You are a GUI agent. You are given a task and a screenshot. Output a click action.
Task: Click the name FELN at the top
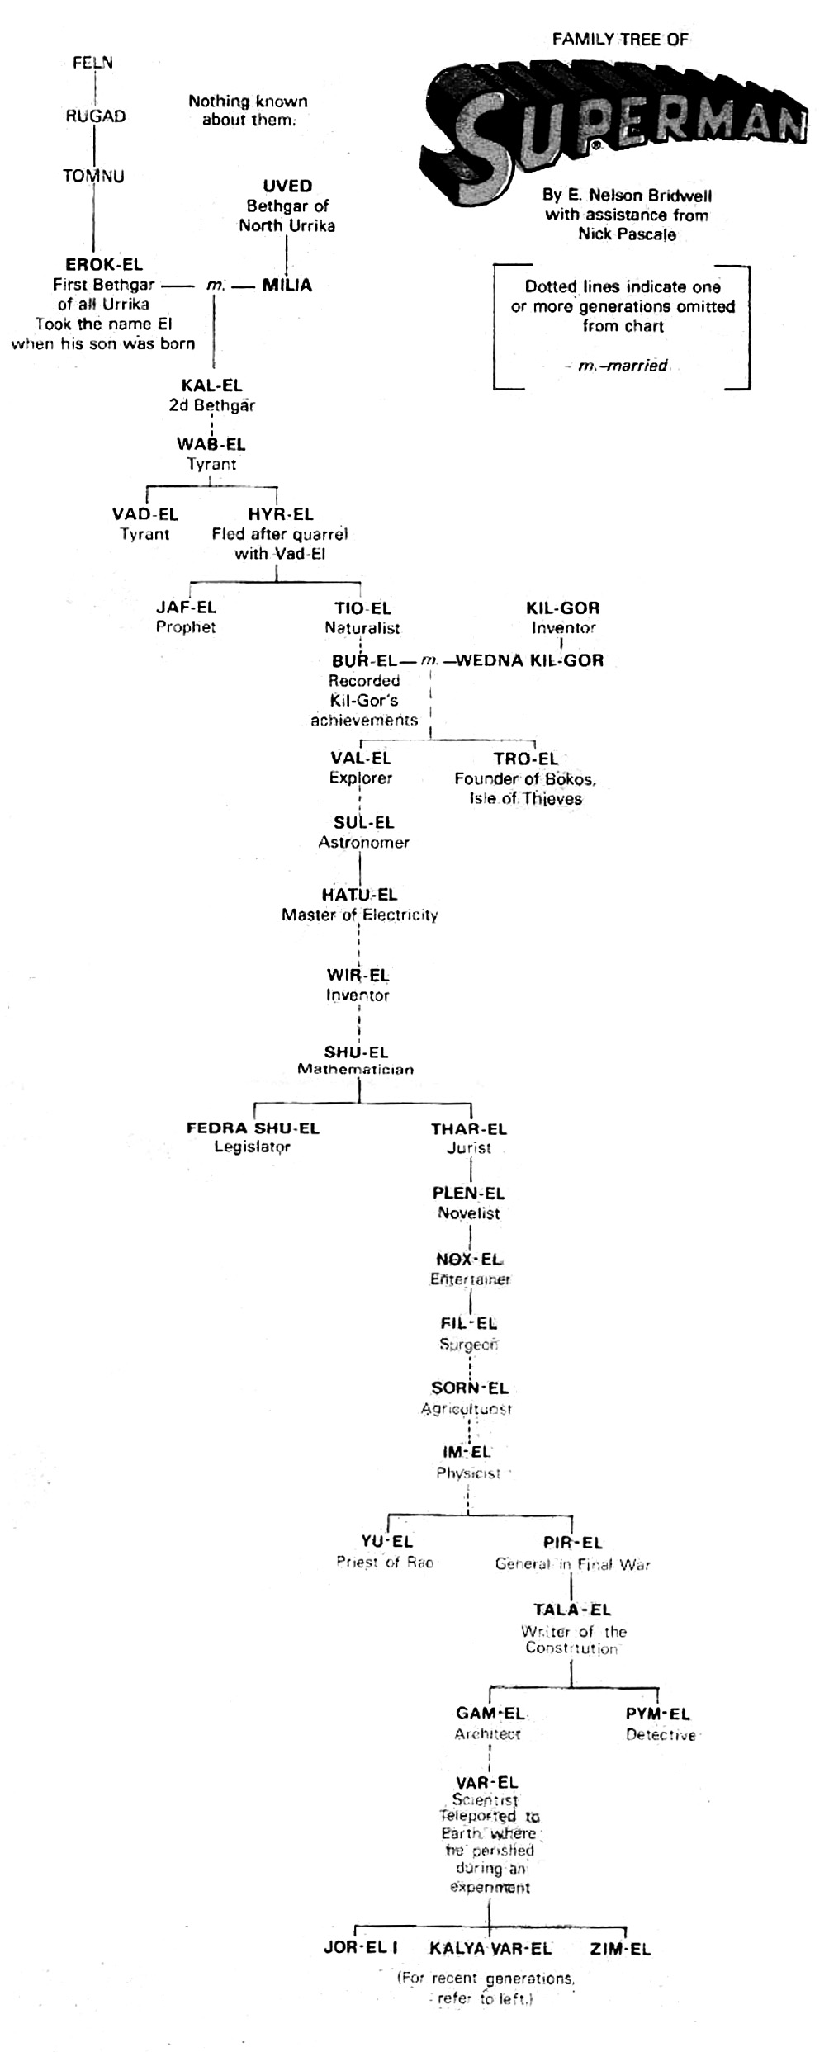[x=92, y=63]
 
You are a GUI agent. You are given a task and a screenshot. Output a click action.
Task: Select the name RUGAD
[x=96, y=116]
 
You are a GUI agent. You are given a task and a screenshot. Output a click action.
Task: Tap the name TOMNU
[x=93, y=176]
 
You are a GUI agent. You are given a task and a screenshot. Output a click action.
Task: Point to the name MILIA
[x=287, y=286]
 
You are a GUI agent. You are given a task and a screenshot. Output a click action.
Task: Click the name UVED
[x=287, y=186]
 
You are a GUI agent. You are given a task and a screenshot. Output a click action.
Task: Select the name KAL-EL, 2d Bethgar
[x=212, y=385]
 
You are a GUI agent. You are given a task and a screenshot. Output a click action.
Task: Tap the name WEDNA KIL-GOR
[x=529, y=660]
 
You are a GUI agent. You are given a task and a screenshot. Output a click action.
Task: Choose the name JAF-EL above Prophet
[x=186, y=608]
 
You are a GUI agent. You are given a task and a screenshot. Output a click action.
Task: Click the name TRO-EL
[x=526, y=759]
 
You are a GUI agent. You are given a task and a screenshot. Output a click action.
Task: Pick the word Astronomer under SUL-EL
[x=364, y=843]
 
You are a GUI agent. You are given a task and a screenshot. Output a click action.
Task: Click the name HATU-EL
[x=359, y=895]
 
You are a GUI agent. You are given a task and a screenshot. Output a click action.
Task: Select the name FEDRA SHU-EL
[x=253, y=1128]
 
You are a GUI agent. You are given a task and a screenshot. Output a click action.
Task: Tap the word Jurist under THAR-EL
[x=469, y=1148]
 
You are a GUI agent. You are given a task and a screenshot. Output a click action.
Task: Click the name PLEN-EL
[x=468, y=1194]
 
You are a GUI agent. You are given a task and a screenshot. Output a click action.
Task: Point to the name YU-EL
[x=386, y=1541]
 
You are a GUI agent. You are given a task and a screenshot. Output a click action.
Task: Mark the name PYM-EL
[x=658, y=1714]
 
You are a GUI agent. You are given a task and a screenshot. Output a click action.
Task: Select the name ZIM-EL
[x=620, y=1949]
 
